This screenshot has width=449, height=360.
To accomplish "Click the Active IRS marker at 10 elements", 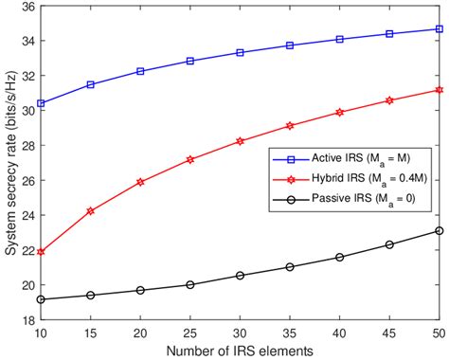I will click(41, 102).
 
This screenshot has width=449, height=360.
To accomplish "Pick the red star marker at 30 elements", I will click(241, 141).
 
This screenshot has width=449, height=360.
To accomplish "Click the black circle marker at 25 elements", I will click(190, 284).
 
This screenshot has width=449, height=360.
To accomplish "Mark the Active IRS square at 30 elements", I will click(241, 52).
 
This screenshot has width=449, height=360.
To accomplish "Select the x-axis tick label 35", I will click(290, 333).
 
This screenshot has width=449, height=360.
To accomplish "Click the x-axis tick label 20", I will click(140, 333).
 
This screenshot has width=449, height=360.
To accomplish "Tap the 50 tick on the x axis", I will click(439, 333).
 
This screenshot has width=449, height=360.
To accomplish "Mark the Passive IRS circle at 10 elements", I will click(41, 299).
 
